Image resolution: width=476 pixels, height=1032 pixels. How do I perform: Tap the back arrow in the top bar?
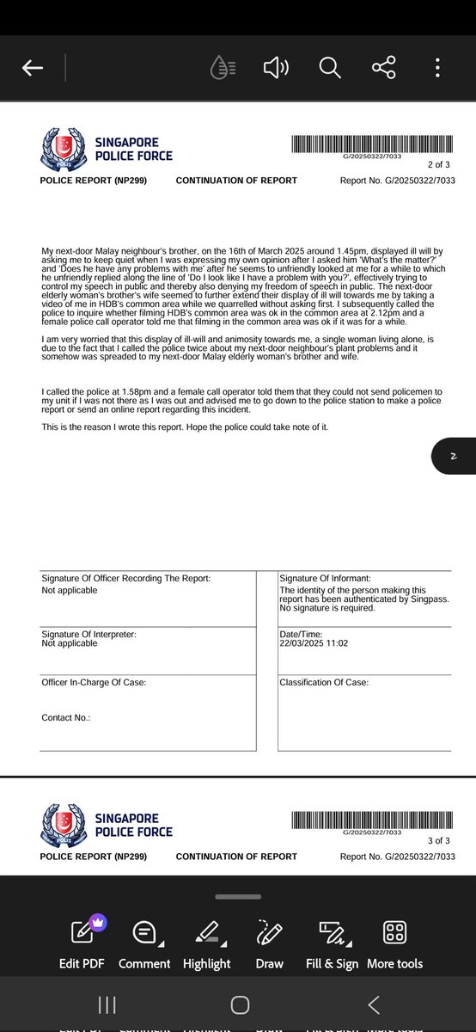click(x=33, y=69)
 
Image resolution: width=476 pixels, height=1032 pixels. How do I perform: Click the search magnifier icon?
click(x=330, y=68)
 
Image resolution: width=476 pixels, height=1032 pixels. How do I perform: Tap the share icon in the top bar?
click(x=383, y=68)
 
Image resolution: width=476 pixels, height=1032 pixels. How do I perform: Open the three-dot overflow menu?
click(x=437, y=68)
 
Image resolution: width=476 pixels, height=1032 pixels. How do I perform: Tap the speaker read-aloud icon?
click(x=276, y=68)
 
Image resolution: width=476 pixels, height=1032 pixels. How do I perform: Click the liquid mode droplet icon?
click(x=223, y=68)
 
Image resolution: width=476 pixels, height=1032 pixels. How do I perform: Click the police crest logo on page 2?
click(x=63, y=150)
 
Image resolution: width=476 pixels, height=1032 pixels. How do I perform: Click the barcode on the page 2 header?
click(x=371, y=144)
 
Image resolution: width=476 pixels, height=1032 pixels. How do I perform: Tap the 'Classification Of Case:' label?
click(x=324, y=683)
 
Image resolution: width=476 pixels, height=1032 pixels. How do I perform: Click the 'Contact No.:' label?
click(x=66, y=717)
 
